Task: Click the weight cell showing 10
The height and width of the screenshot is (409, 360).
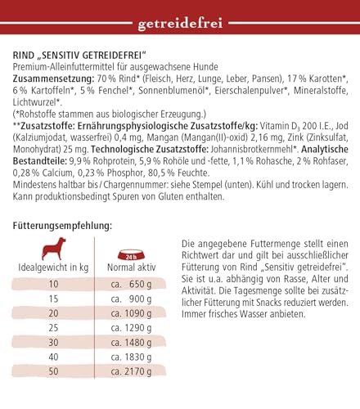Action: point(54,284)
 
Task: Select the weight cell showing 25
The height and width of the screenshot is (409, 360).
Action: point(54,327)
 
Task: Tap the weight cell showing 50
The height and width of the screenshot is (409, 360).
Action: point(54,371)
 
